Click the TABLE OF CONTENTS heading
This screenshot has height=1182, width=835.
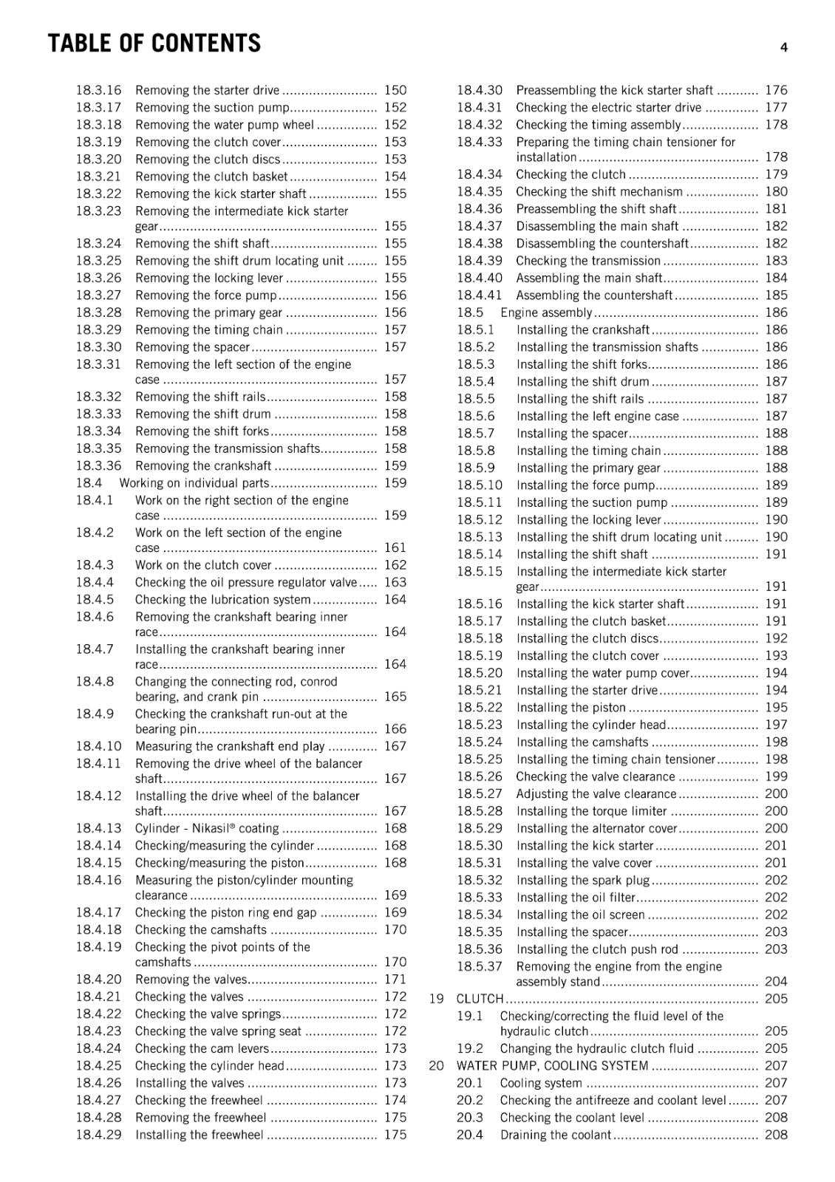coord(154,44)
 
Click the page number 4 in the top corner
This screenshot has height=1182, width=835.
coord(783,47)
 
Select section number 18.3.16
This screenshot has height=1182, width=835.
coord(98,90)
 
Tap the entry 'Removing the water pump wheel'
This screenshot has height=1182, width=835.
coord(225,125)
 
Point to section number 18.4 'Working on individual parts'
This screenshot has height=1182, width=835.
coord(89,483)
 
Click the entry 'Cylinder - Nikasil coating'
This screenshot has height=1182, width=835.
coord(207,829)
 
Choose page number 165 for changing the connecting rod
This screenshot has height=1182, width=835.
coord(395,697)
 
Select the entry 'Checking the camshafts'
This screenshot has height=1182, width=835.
coord(201,930)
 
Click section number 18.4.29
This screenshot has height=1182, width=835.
coord(98,1135)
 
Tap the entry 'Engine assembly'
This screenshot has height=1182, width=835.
coord(546,312)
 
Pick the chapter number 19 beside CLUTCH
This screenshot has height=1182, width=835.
coord(437,999)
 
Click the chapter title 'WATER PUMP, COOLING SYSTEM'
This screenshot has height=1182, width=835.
coord(552,1066)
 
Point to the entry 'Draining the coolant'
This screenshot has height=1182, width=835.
coord(556,1135)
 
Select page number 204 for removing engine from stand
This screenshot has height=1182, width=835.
coord(776,982)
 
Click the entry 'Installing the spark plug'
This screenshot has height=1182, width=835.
coord(583,881)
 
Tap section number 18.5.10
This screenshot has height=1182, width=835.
coord(480,485)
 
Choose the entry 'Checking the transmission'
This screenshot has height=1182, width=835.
coord(588,261)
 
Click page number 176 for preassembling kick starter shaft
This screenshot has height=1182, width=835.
coord(776,90)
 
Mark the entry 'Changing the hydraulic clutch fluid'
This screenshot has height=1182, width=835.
coord(597,1048)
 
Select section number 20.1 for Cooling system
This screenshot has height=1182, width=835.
coord(469,1083)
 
